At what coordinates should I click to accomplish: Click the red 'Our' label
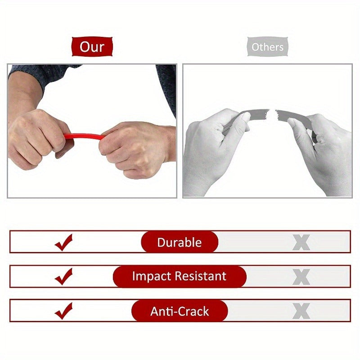click(x=92, y=47)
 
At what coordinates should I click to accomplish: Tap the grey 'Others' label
click(x=267, y=47)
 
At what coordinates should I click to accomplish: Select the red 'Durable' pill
click(x=180, y=242)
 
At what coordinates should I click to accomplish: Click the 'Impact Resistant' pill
click(x=180, y=276)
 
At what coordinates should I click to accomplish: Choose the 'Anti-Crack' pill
click(x=180, y=311)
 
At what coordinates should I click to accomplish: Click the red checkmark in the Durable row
click(x=64, y=242)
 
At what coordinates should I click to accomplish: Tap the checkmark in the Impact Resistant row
click(x=64, y=276)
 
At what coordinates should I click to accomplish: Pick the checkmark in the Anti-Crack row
click(x=64, y=310)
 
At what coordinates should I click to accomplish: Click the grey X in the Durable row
click(x=301, y=243)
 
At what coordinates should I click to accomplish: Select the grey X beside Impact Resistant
click(x=301, y=277)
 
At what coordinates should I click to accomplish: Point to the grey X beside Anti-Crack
click(x=301, y=311)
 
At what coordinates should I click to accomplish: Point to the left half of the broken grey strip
click(x=252, y=114)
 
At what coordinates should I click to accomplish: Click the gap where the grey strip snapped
click(x=273, y=112)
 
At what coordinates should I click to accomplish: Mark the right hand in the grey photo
click(x=324, y=148)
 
